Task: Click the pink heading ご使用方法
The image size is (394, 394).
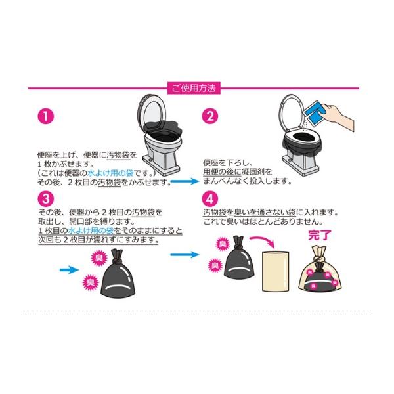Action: tap(194, 88)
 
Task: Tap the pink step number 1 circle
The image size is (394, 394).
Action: tap(46, 116)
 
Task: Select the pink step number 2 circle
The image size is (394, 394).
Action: tap(210, 116)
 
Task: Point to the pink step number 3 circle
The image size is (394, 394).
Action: tap(46, 199)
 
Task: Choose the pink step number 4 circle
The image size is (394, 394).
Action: tap(210, 199)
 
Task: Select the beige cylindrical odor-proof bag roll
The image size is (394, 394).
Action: tap(276, 271)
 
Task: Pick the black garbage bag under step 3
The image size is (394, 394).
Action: tap(117, 274)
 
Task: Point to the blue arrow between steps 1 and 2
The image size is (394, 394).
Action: tap(185, 181)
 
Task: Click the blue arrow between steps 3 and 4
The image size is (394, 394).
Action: tap(185, 255)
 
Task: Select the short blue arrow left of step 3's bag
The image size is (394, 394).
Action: tap(70, 270)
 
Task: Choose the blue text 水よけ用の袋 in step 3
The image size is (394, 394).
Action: tap(91, 230)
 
